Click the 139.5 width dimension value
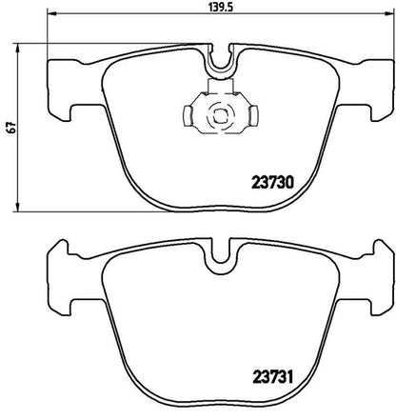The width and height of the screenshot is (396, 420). click(x=221, y=7)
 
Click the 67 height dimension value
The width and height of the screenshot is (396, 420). click(x=11, y=128)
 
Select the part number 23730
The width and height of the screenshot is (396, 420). click(x=273, y=183)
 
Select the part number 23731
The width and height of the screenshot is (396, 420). click(x=272, y=377)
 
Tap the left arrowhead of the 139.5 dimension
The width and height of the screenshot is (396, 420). click(x=51, y=13)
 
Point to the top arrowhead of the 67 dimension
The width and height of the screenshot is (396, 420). click(x=18, y=49)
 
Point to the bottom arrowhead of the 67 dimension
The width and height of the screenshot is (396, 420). click(x=18, y=207)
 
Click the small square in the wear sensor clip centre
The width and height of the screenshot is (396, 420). click(x=220, y=116)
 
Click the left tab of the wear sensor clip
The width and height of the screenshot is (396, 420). click(x=188, y=115)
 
